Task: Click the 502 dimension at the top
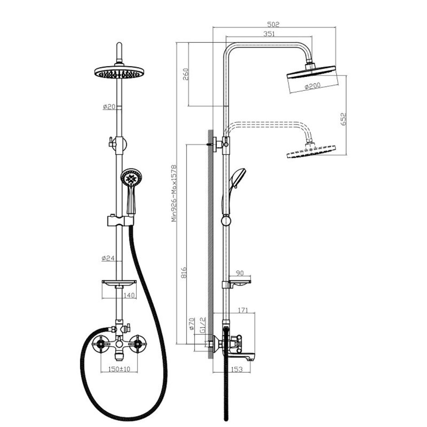(x=273, y=25)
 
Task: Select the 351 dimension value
(x=269, y=34)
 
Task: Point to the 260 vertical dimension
(x=185, y=74)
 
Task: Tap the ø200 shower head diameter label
(x=312, y=86)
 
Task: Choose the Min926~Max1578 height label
(x=174, y=193)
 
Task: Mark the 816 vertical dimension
(x=184, y=272)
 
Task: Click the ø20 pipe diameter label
(x=109, y=107)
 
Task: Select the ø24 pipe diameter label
(x=108, y=258)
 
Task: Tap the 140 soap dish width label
(x=129, y=295)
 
